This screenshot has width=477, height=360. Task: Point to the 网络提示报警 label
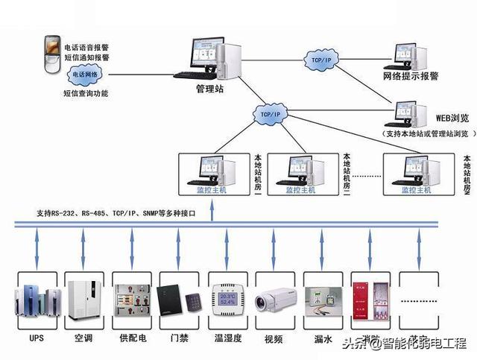411,76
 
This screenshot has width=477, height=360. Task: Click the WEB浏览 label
452,118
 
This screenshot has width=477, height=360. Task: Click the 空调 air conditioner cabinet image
85,301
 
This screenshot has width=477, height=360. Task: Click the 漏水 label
322,339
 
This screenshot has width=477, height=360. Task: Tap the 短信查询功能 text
86,93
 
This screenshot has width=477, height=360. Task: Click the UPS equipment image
37,303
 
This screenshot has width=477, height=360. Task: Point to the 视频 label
274,339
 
